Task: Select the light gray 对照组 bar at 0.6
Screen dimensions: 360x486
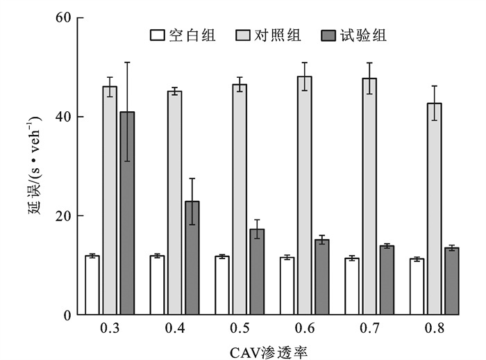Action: pyautogui.click(x=305, y=195)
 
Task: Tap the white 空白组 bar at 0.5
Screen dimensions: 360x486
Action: pyautogui.click(x=222, y=286)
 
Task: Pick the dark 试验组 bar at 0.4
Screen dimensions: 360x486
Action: pyautogui.click(x=192, y=258)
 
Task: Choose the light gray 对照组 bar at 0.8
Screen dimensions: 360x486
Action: pyautogui.click(x=435, y=208)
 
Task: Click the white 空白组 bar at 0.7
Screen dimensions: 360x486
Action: pyautogui.click(x=352, y=286)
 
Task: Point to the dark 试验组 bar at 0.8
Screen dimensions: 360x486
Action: pyautogui.click(x=451, y=281)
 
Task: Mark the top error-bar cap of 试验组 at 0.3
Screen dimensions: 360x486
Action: pyautogui.click(x=126, y=63)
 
